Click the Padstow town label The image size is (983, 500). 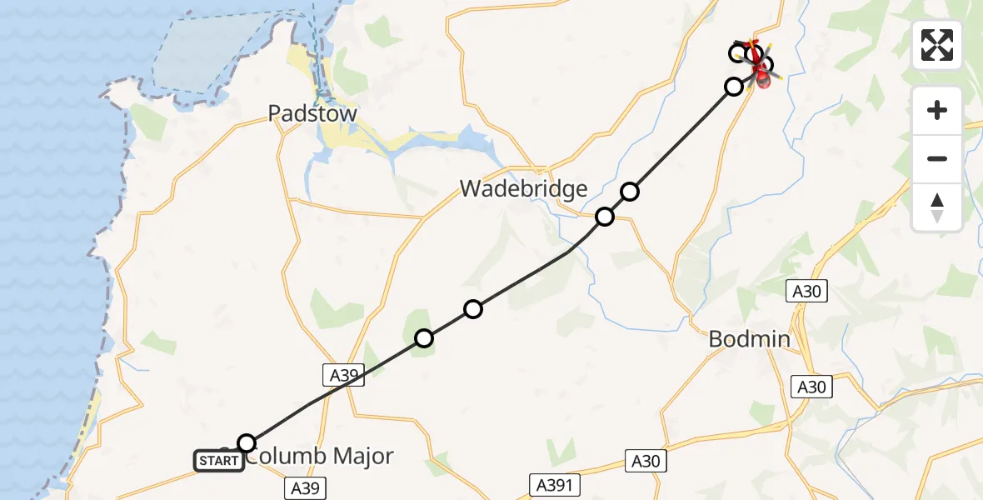[312, 114]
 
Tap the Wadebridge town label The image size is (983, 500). [524, 189]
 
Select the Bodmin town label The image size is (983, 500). [749, 339]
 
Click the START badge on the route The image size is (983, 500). [219, 460]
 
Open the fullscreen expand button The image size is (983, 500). [937, 45]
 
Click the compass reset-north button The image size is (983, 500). [937, 207]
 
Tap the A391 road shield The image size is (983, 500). [553, 484]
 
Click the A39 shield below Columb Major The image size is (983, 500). [304, 487]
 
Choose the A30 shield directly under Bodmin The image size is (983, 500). [811, 387]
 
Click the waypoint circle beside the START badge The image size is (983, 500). [247, 442]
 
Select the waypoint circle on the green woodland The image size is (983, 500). [424, 337]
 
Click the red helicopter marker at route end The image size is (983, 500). [761, 77]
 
